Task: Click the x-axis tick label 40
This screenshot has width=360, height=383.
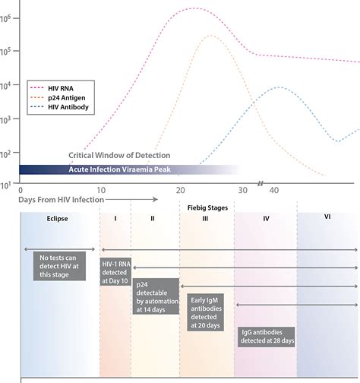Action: tap(275, 190)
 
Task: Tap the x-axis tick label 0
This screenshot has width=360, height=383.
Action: tap(21, 190)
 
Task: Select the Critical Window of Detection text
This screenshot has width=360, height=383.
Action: tap(120, 155)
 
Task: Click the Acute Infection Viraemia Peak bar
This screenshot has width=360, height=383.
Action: tap(122, 169)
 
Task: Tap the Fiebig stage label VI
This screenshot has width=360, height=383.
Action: tap(327, 217)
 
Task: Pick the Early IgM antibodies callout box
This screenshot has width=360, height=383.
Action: tap(206, 313)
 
